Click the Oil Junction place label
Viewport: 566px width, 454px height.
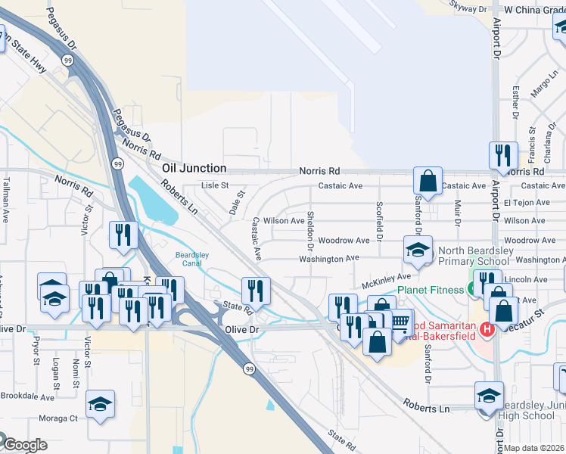pos(194,168)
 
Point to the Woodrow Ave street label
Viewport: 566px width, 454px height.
pos(344,241)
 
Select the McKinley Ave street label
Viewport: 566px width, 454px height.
pos(386,281)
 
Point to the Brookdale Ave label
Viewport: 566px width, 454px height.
pos(26,396)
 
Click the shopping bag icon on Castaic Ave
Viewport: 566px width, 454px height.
pos(428,182)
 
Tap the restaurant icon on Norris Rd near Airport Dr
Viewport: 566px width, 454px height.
pos(503,156)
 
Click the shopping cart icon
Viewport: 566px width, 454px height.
pos(400,323)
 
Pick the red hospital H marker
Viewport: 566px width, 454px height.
pos(487,329)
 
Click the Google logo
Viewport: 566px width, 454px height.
pos(25,445)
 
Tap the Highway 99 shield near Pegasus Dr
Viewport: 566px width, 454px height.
pos(69,61)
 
